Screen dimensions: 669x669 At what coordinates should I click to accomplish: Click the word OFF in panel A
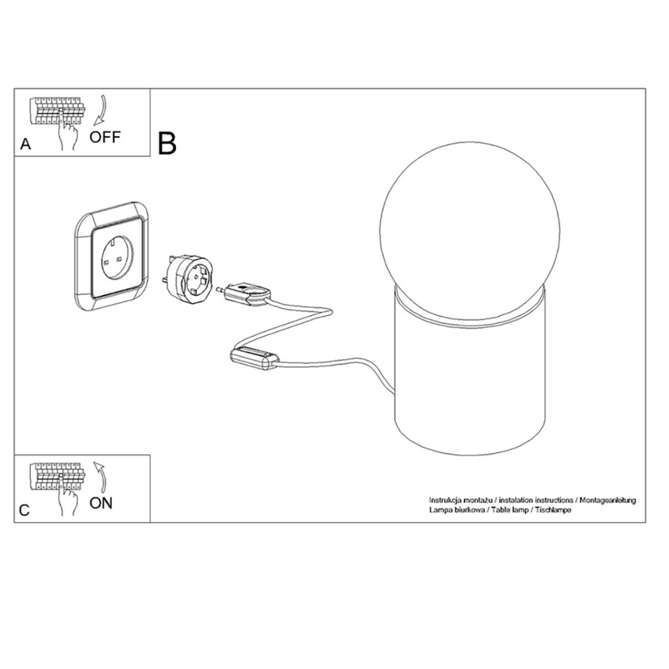pyautogui.click(x=105, y=137)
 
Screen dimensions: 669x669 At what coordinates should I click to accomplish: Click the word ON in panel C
pyautogui.click(x=101, y=503)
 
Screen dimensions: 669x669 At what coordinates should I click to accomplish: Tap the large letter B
pyautogui.click(x=167, y=143)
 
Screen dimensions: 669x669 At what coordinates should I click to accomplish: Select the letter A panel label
pyautogui.click(x=25, y=144)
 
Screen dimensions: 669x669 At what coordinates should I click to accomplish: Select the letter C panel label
pyautogui.click(x=25, y=510)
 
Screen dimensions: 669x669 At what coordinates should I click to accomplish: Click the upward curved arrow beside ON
pyautogui.click(x=101, y=477)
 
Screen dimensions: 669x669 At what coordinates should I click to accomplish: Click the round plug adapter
pyautogui.click(x=188, y=276)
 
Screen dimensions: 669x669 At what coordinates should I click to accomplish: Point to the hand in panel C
pyautogui.click(x=68, y=500)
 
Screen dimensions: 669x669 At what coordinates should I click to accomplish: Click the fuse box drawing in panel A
pyautogui.click(x=58, y=110)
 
